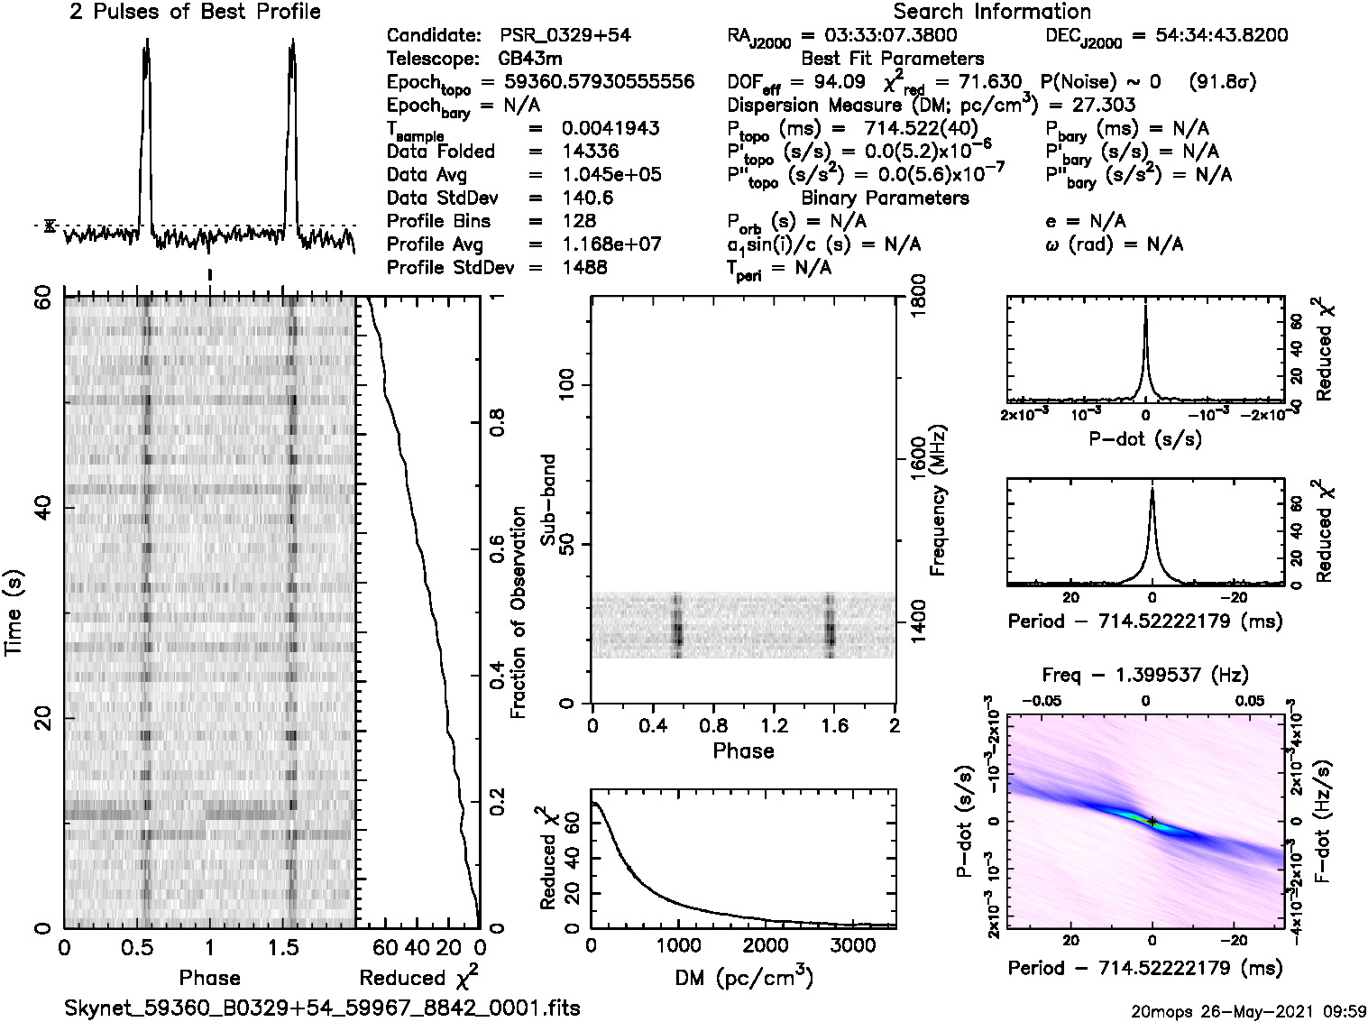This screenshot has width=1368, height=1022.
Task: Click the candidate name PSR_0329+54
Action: [565, 35]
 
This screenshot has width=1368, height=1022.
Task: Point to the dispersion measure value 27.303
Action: [1106, 105]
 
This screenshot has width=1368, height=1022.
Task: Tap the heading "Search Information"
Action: [992, 12]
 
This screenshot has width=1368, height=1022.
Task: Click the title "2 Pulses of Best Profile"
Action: [195, 12]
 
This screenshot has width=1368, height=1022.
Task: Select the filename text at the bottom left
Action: [323, 1007]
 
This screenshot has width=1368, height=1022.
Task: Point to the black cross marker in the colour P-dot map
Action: [1152, 821]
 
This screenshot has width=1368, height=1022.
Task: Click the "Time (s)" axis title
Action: [14, 612]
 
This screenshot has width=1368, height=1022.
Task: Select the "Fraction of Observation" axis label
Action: [518, 612]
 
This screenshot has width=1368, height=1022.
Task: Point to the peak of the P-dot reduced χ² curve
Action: [1145, 307]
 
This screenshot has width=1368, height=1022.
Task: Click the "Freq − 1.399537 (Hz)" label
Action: [1145, 675]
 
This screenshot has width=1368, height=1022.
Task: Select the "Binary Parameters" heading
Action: [885, 198]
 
